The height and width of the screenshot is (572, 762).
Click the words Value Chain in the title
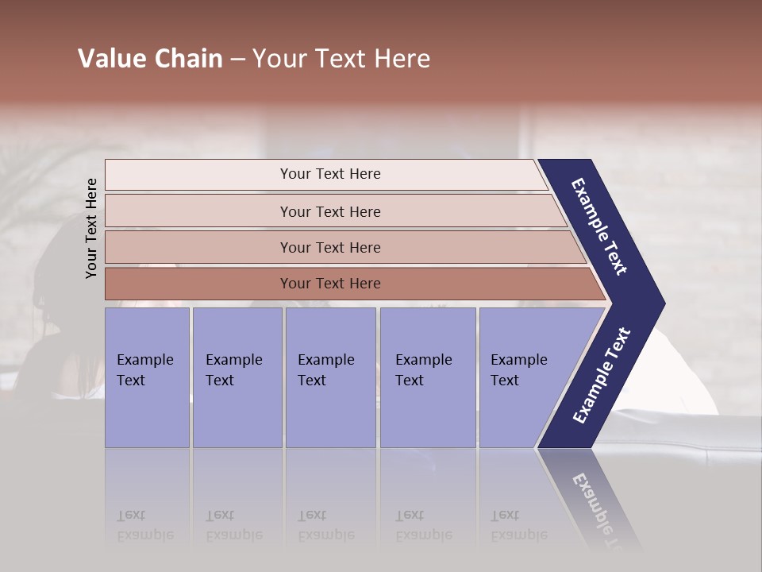tap(150, 59)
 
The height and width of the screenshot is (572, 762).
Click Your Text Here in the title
tap(341, 59)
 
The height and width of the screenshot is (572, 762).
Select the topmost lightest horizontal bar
tap(198, 175)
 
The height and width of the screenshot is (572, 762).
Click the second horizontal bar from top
tap(198, 211)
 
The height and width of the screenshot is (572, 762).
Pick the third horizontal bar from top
tap(198, 247)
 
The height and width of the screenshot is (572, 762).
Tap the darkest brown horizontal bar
tap(198, 284)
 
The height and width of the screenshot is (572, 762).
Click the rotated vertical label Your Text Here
tap(92, 228)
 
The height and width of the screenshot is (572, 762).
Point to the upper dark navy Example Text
tap(599, 226)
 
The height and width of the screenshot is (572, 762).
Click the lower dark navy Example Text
tap(602, 376)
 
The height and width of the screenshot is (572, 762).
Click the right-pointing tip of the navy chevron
tap(660, 303)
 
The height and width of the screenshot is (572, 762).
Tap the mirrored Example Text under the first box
tap(144, 525)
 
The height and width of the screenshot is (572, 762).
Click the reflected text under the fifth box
tap(518, 525)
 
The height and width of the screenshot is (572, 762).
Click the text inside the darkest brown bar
tap(330, 284)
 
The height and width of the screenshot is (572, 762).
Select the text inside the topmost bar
tap(330, 174)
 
